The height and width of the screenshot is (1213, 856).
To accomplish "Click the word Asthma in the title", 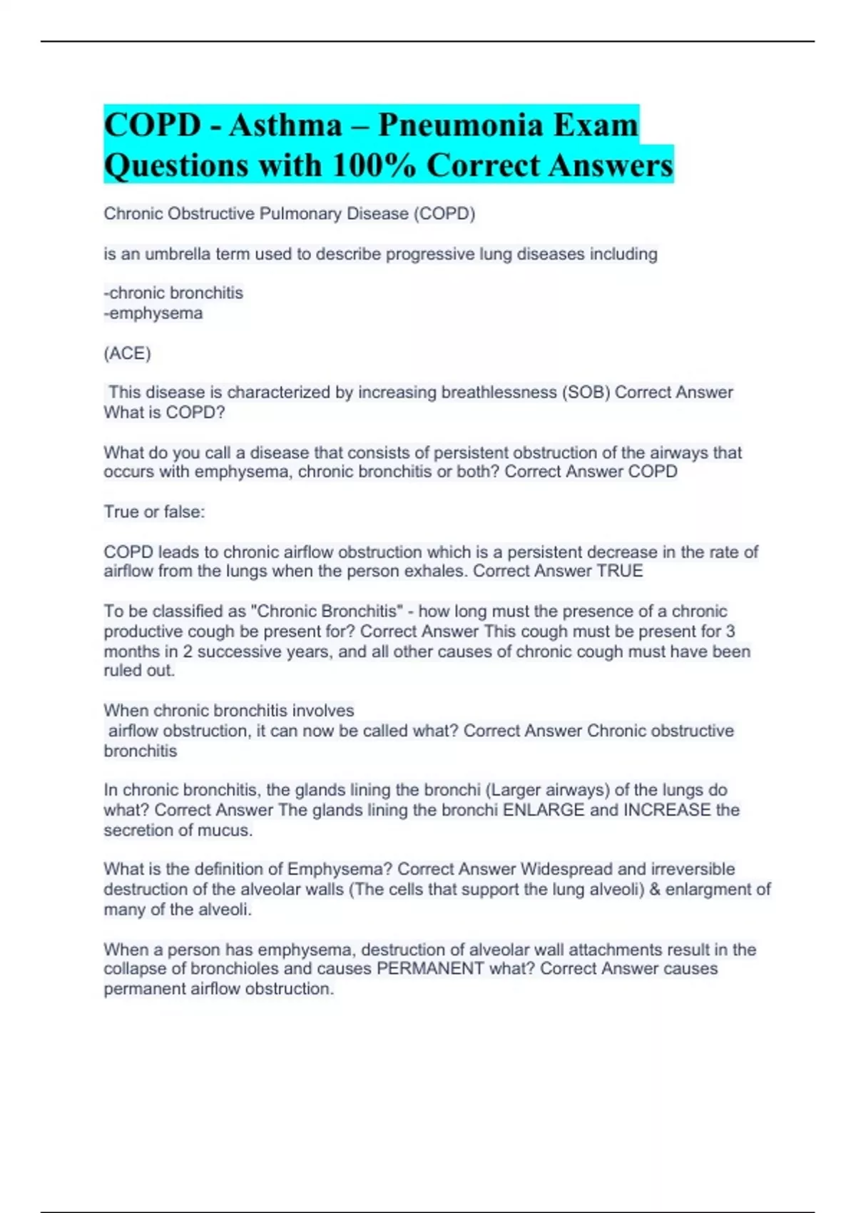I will click(x=285, y=125).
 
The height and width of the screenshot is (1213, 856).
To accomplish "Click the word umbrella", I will click(x=178, y=254).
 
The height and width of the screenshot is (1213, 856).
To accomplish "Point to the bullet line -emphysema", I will click(x=153, y=313).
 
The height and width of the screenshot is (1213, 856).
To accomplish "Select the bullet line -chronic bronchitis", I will click(x=173, y=293).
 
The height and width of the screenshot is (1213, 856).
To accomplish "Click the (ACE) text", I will click(x=127, y=353).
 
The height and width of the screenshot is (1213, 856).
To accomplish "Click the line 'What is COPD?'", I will click(x=164, y=412).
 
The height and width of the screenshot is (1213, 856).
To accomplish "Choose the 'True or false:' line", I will click(x=154, y=512).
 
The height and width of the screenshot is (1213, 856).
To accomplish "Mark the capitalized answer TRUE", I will click(x=620, y=571).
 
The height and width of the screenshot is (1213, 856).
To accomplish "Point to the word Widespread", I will click(x=566, y=869).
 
